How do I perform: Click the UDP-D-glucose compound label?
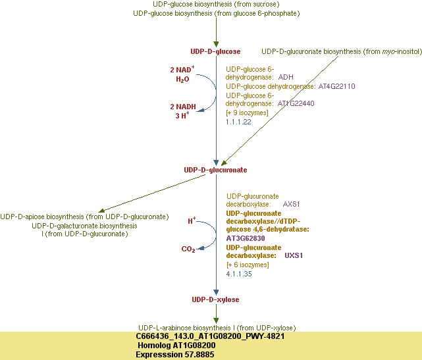215,51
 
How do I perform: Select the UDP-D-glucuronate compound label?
215,170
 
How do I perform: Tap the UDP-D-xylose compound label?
215,299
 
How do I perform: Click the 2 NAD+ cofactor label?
182,68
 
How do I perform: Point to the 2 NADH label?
182,106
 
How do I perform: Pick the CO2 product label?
188,249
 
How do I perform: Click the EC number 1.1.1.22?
238,122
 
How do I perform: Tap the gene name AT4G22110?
336,86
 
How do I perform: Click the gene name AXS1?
291,204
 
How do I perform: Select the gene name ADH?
286,77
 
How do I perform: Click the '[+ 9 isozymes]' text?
248,113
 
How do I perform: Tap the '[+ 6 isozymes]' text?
248,265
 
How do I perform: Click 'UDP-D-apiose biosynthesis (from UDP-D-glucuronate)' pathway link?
85,217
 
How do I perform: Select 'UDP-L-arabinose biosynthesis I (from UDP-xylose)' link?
217,328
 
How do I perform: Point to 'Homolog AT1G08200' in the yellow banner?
175,345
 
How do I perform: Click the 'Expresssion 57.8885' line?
175,354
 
